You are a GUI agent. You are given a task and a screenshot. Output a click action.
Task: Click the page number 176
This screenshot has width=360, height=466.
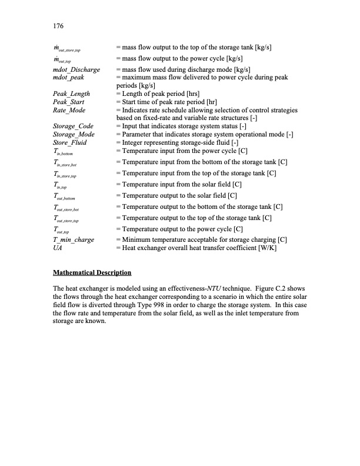58,26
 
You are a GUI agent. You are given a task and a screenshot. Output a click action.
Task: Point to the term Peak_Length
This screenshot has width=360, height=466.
71,94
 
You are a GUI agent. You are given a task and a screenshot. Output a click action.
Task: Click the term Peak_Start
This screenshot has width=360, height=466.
69,102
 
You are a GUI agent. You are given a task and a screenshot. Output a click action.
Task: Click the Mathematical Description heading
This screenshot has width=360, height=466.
92,273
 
